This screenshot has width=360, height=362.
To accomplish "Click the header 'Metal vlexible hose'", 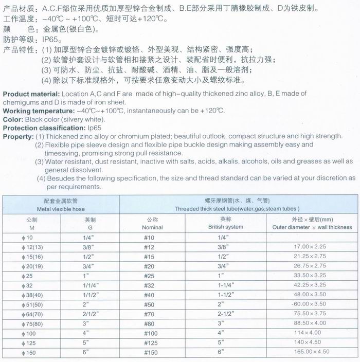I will (x=61, y=209).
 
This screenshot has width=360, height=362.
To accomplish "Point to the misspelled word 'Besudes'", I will (x=61, y=178).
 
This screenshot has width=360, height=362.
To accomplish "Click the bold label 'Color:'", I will (x=13, y=119).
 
